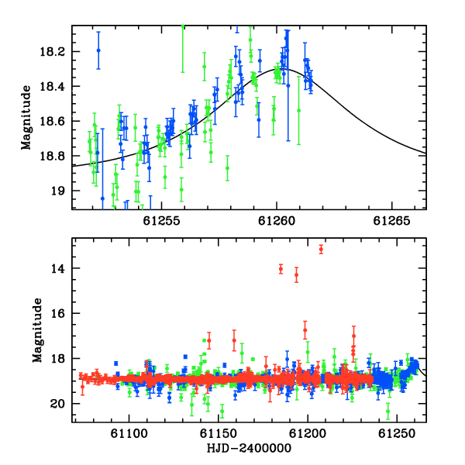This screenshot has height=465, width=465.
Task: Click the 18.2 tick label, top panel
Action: (x=52, y=52)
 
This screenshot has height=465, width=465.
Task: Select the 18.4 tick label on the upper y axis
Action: (x=52, y=87)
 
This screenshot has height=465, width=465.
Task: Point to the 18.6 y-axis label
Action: (x=52, y=122)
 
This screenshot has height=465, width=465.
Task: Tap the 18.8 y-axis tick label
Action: (x=52, y=156)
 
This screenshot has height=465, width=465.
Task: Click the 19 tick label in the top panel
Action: (x=57, y=191)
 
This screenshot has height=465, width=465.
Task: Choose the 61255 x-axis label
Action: (x=162, y=221)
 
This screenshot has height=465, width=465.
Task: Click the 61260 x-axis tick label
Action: (x=277, y=221)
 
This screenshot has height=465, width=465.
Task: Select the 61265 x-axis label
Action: (x=391, y=221)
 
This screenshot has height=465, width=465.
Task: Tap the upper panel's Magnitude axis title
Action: (x=26, y=118)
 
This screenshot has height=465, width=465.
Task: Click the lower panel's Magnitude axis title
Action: (x=37, y=330)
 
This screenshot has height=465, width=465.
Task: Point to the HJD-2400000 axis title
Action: (x=249, y=448)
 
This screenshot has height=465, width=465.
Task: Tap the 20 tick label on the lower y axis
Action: (x=57, y=404)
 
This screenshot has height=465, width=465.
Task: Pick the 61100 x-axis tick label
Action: (x=129, y=433)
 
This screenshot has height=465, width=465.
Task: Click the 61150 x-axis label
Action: (x=219, y=433)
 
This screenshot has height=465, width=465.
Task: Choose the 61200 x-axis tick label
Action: (x=308, y=433)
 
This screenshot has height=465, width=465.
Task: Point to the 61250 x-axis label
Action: (x=397, y=433)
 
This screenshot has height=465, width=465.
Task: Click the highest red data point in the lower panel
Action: (x=321, y=250)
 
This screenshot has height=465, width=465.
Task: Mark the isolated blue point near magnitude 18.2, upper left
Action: (x=98, y=50)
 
